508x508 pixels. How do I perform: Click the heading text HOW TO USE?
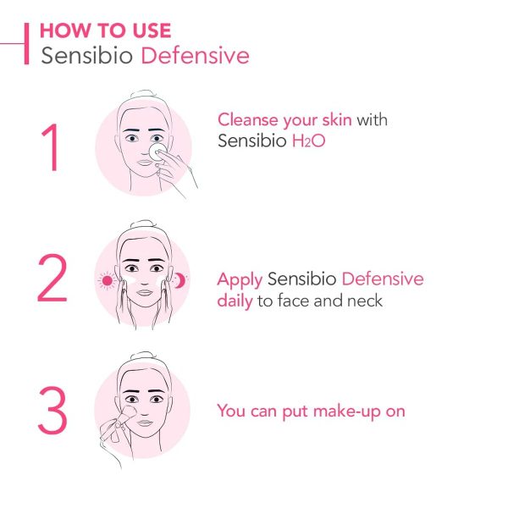click(105, 30)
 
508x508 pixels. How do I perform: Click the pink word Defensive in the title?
click(195, 55)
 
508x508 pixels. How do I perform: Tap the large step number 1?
click(50, 147)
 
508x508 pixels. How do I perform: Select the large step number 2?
click(52, 278)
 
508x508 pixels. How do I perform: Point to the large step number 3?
click(52, 410)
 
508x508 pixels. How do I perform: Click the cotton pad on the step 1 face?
click(157, 152)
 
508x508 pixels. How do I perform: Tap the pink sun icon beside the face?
click(107, 280)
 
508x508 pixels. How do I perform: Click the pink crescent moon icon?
click(179, 280)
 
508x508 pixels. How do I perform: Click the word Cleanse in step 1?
click(248, 119)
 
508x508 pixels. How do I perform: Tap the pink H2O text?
click(308, 141)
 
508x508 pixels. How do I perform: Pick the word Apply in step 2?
click(240, 280)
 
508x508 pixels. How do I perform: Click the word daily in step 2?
click(235, 301)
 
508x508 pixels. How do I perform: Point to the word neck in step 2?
click(365, 301)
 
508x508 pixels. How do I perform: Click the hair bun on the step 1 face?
click(142, 95)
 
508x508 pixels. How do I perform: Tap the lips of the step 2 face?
click(145, 292)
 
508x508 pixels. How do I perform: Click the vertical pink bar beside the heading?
click(26, 43)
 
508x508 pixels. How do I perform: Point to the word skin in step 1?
click(337, 119)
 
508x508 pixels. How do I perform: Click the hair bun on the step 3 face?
click(142, 356)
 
